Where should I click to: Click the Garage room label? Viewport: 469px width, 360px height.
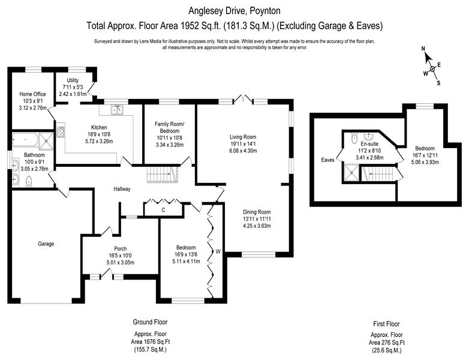coord(46,244)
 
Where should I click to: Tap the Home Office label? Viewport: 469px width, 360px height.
coord(32,94)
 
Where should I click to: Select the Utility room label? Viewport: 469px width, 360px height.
coord(73,80)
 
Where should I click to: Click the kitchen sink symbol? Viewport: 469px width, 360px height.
coord(118,110)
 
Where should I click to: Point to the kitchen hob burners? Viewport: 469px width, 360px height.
coord(61,132)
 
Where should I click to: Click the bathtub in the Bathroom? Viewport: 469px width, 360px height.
coord(25,140)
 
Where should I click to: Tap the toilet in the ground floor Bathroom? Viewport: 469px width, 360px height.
coord(29,181)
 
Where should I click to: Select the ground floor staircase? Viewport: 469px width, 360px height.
coord(163,175)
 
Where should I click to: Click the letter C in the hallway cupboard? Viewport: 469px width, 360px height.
coord(163,210)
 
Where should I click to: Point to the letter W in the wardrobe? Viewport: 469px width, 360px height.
coord(218,251)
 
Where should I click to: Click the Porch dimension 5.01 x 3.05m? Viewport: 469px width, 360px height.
coord(120,262)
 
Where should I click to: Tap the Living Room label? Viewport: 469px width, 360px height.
coord(243,137)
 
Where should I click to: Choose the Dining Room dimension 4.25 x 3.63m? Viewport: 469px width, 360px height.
coord(257,226)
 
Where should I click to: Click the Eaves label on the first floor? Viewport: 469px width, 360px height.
coord(327,160)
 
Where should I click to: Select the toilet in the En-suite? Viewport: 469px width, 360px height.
coord(354,137)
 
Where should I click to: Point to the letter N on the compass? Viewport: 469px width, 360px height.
coord(423,49)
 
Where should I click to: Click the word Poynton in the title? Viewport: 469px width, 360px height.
coord(265,11)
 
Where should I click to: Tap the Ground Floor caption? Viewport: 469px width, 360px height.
coord(150,322)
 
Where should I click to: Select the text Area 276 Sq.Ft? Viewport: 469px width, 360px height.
coord(386,343)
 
